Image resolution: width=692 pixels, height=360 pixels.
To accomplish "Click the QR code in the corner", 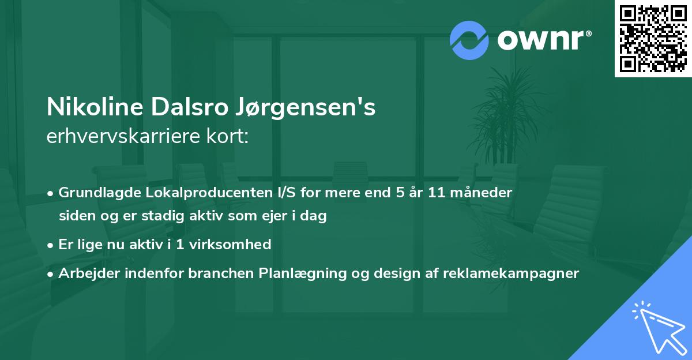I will (x=653, y=39).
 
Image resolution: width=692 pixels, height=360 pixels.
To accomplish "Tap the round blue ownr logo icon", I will (x=469, y=40).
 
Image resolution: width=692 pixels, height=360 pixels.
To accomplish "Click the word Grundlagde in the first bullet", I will (x=95, y=193).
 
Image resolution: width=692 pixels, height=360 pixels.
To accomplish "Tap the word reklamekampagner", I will (x=510, y=273).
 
